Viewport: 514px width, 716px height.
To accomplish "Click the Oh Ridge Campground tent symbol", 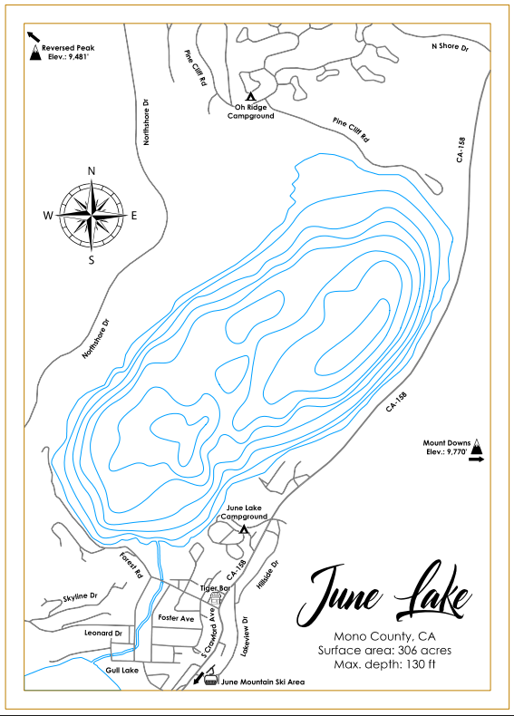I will [250, 95].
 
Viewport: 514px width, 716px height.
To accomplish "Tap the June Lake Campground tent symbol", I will [244, 529].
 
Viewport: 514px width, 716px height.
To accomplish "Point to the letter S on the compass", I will [91, 260].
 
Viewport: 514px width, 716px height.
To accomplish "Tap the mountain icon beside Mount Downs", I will [477, 447].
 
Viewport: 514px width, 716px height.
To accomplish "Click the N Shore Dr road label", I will [450, 45].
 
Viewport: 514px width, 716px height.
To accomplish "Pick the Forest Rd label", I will [132, 566].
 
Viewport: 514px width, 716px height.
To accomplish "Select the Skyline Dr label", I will [80, 596].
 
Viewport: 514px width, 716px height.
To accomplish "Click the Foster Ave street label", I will [176, 617].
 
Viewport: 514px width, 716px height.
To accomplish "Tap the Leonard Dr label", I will [102, 633].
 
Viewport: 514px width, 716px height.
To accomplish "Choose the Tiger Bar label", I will [215, 589].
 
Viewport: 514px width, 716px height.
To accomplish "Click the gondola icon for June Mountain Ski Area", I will [210, 680].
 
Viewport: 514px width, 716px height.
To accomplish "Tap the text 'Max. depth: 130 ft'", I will [384, 665].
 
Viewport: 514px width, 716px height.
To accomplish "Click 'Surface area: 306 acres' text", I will [384, 650].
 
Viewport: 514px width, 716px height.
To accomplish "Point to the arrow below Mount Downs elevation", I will [477, 460].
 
